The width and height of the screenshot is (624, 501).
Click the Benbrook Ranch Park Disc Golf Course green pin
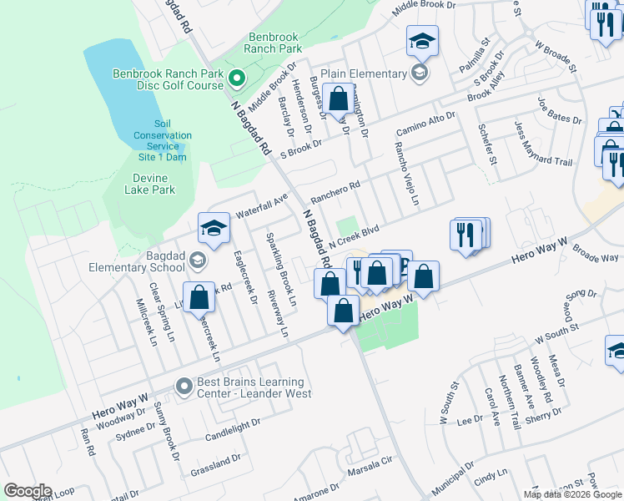click(236, 81)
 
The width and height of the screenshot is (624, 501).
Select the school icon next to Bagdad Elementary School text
click(197, 261)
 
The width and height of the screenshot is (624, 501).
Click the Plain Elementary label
click(367, 73)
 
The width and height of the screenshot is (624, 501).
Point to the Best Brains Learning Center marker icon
click(184, 386)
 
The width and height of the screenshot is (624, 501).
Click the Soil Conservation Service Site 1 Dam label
click(163, 140)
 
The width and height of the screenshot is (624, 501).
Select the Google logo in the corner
click(28, 491)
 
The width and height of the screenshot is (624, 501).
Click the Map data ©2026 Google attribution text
click(572, 494)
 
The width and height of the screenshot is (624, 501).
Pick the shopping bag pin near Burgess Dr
click(339, 99)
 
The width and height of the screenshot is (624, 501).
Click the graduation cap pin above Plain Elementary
click(423, 41)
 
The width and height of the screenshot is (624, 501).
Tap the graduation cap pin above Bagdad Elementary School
click(214, 228)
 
